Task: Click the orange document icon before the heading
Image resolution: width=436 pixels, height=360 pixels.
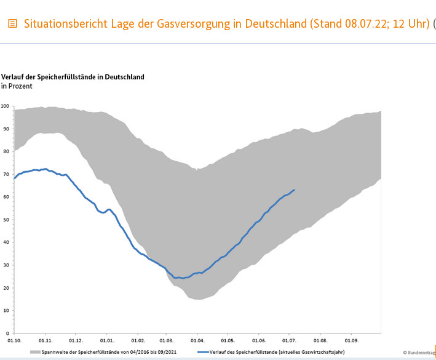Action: pyautogui.click(x=12, y=24)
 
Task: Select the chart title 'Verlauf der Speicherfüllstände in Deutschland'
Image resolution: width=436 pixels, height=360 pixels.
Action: pyautogui.click(x=73, y=77)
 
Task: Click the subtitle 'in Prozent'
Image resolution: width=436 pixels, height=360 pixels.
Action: pyautogui.click(x=17, y=86)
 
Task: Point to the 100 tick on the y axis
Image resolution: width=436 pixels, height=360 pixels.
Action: pyautogui.click(x=5, y=106)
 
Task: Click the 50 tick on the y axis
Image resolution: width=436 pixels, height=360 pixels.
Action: pyautogui.click(x=6, y=220)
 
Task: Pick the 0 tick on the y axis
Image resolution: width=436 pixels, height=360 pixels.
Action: pyautogui.click(x=7, y=333)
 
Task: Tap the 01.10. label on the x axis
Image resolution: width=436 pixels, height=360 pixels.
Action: pyautogui.click(x=14, y=340)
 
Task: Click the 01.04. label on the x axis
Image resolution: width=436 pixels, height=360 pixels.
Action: pyautogui.click(x=197, y=340)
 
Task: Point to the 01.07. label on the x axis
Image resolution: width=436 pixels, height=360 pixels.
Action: pyautogui.click(x=289, y=340)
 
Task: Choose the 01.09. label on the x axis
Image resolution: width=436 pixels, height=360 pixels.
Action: pyautogui.click(x=351, y=340)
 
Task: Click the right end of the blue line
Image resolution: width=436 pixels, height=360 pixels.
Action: pyautogui.click(x=295, y=190)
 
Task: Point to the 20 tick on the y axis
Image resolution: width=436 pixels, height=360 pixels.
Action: pyautogui.click(x=6, y=287)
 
